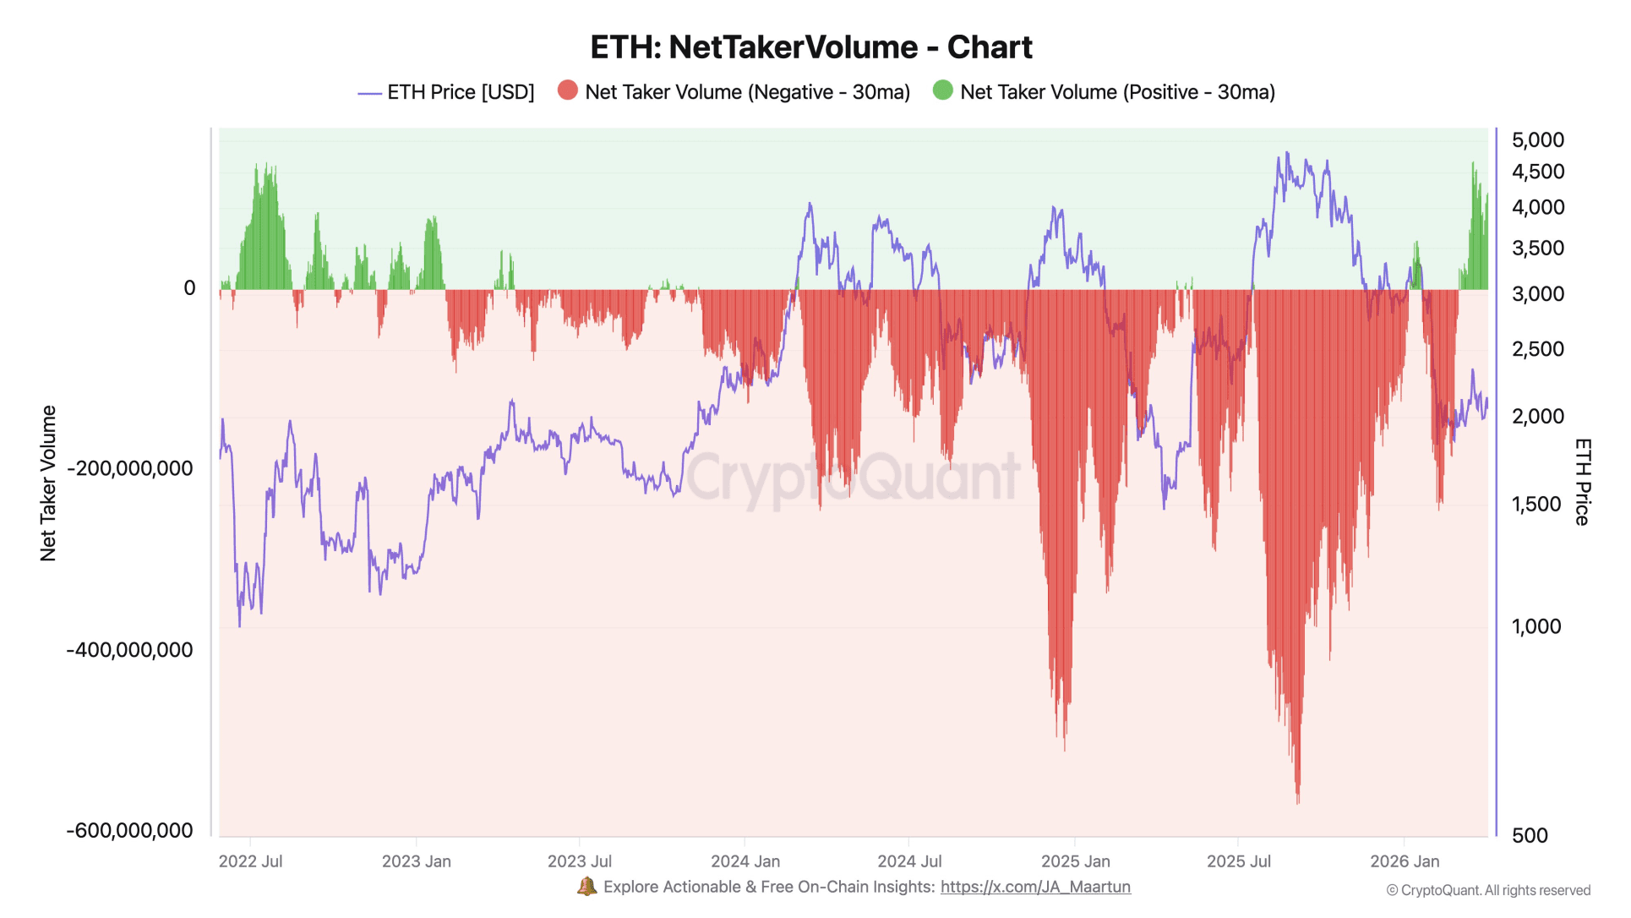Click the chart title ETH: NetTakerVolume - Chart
point(810,47)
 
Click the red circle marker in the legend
point(568,90)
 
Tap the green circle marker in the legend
point(942,90)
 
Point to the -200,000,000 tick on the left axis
point(130,468)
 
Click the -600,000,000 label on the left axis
point(130,830)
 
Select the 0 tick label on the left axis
point(189,288)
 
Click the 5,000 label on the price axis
point(1537,140)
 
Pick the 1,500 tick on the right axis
point(1536,505)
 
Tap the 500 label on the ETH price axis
point(1529,835)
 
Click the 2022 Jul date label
point(250,861)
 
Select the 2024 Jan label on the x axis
point(745,861)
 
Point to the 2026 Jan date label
point(1404,861)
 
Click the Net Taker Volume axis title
point(48,483)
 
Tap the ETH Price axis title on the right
point(1582,483)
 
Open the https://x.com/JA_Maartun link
point(1034,887)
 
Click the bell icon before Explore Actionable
point(586,887)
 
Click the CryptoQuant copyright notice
point(1487,890)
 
